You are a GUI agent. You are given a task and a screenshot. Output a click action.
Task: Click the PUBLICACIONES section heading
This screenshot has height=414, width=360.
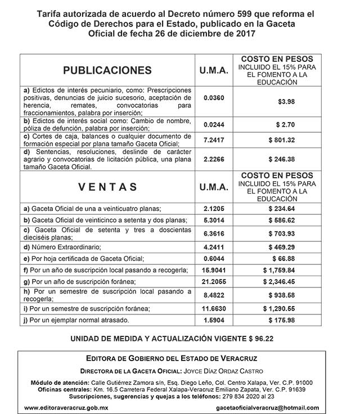pos(107,70)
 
